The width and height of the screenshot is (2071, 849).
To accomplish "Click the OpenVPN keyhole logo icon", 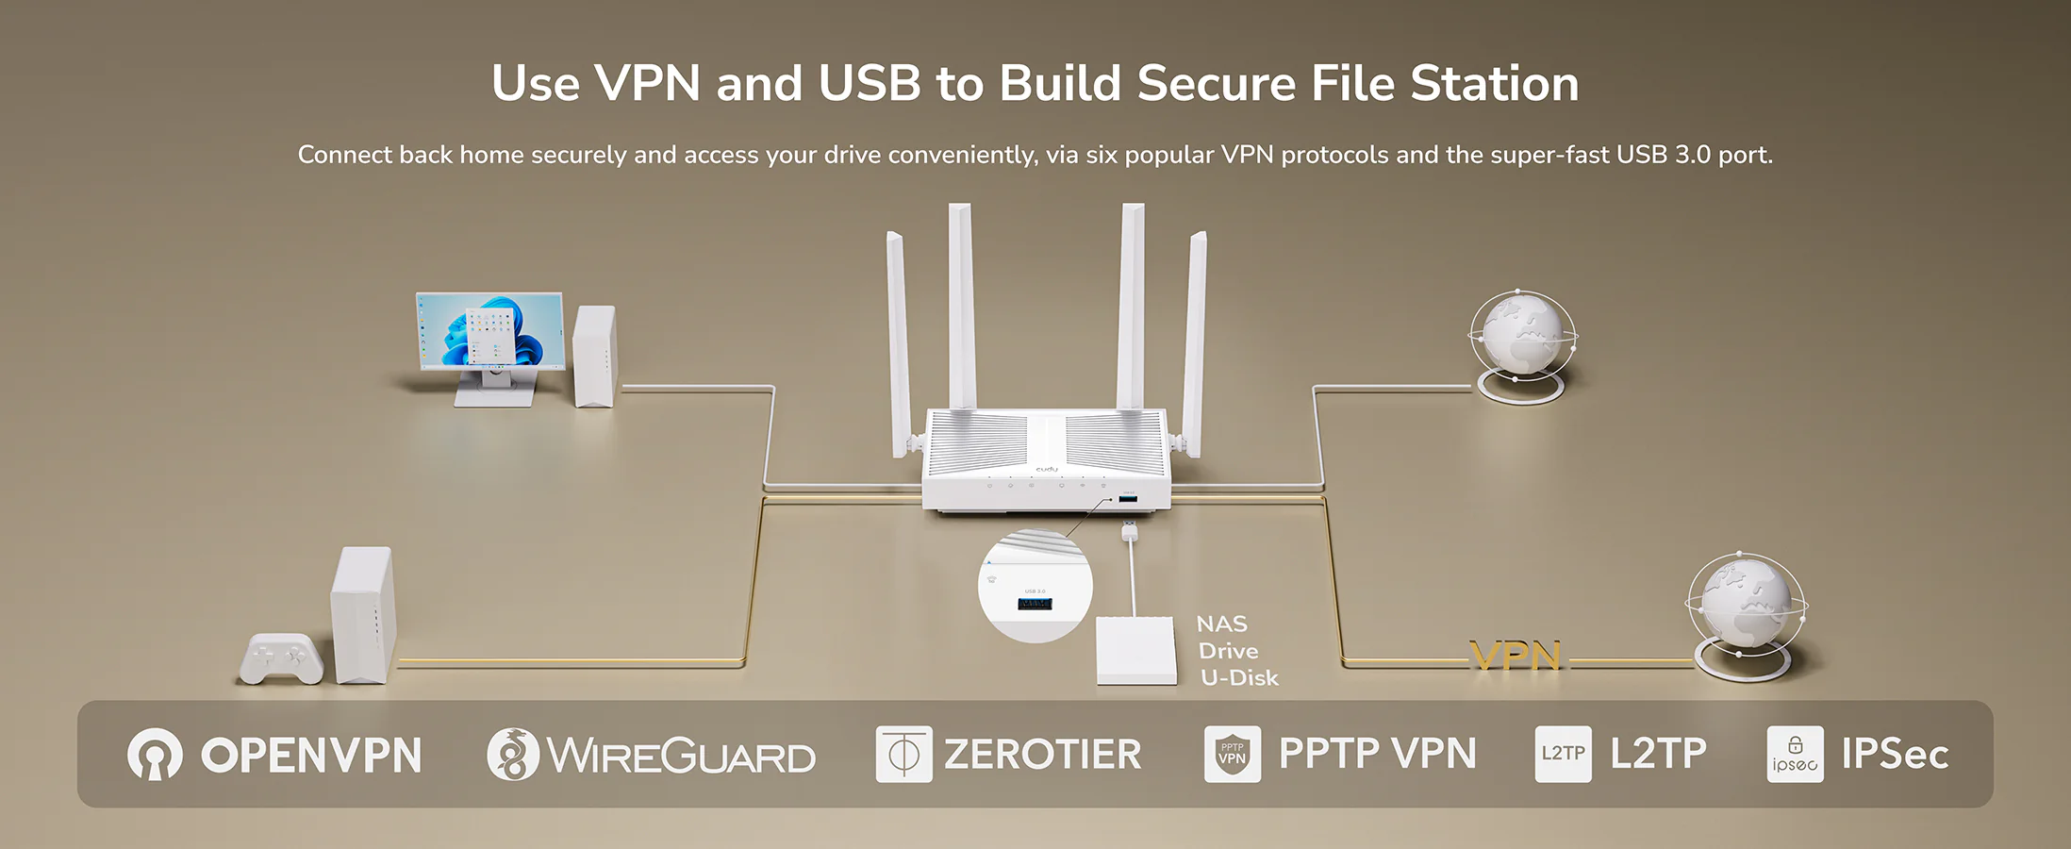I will tap(155, 754).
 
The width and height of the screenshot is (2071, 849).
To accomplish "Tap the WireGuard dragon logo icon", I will tap(513, 755).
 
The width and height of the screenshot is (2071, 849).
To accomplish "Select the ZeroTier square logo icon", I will tap(903, 754).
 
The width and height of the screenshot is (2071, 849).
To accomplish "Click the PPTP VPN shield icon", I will tap(1232, 754).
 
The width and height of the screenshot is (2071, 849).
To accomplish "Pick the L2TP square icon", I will tap(1563, 754).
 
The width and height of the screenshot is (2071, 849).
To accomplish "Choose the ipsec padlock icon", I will tap(1795, 754).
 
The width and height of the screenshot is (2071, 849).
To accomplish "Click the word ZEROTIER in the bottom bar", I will tap(1042, 755).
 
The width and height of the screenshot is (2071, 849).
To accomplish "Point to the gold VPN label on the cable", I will tap(1516, 656).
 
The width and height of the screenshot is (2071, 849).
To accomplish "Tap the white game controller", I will tap(281, 658).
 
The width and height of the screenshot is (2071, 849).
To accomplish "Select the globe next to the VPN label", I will tap(1745, 608).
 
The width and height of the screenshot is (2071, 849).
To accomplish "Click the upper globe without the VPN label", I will tap(1522, 337).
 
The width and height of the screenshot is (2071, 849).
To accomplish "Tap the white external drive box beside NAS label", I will tap(1136, 651).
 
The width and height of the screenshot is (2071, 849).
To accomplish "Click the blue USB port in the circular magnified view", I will tap(1035, 603).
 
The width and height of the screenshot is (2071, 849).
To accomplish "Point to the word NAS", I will tap(1221, 624).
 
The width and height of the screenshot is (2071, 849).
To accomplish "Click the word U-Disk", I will tap(1239, 678).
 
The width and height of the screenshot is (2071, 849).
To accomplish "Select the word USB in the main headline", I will tap(869, 83).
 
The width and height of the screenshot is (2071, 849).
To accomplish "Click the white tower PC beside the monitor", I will tap(594, 356).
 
